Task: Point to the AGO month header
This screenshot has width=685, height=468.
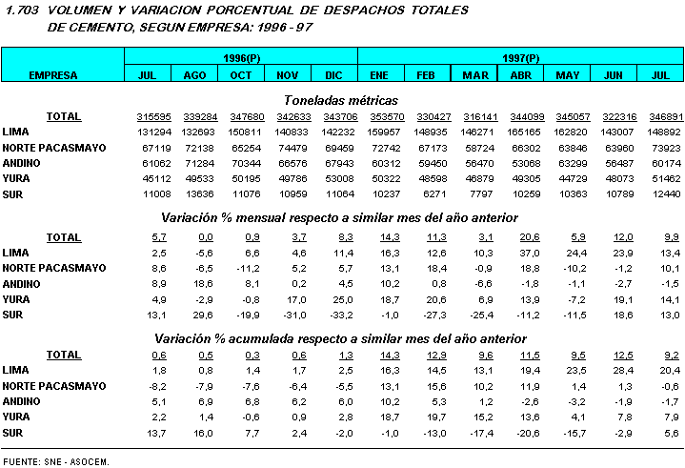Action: pyautogui.click(x=194, y=74)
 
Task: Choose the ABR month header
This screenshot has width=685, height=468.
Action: pyautogui.click(x=521, y=74)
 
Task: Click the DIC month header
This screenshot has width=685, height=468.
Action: pyautogui.click(x=333, y=74)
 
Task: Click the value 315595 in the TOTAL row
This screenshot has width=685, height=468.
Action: pyautogui.click(x=148, y=116)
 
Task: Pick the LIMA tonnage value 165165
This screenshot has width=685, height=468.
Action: pyautogui.click(x=521, y=132)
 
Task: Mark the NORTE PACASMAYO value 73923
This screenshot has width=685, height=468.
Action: pyautogui.click(x=659, y=148)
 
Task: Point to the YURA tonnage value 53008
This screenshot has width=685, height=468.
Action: pyautogui.click(x=334, y=179)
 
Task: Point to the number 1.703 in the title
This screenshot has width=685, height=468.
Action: pyautogui.click(x=20, y=10)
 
